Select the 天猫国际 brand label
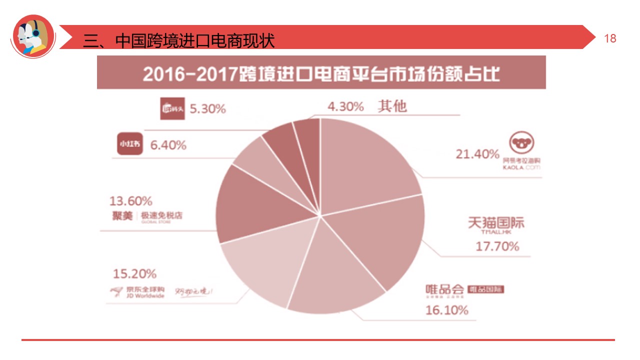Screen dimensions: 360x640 [x=496, y=222]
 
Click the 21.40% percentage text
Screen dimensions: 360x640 [x=477, y=154]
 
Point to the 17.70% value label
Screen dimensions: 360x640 [x=497, y=246]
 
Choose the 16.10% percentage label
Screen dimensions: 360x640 [x=447, y=310]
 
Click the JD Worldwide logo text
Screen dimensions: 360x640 [x=137, y=292]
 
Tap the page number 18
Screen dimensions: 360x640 [x=610, y=38]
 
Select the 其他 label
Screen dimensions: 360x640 [x=392, y=106]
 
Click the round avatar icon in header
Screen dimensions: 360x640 [x=33, y=36]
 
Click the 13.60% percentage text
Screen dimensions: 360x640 [x=131, y=201]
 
